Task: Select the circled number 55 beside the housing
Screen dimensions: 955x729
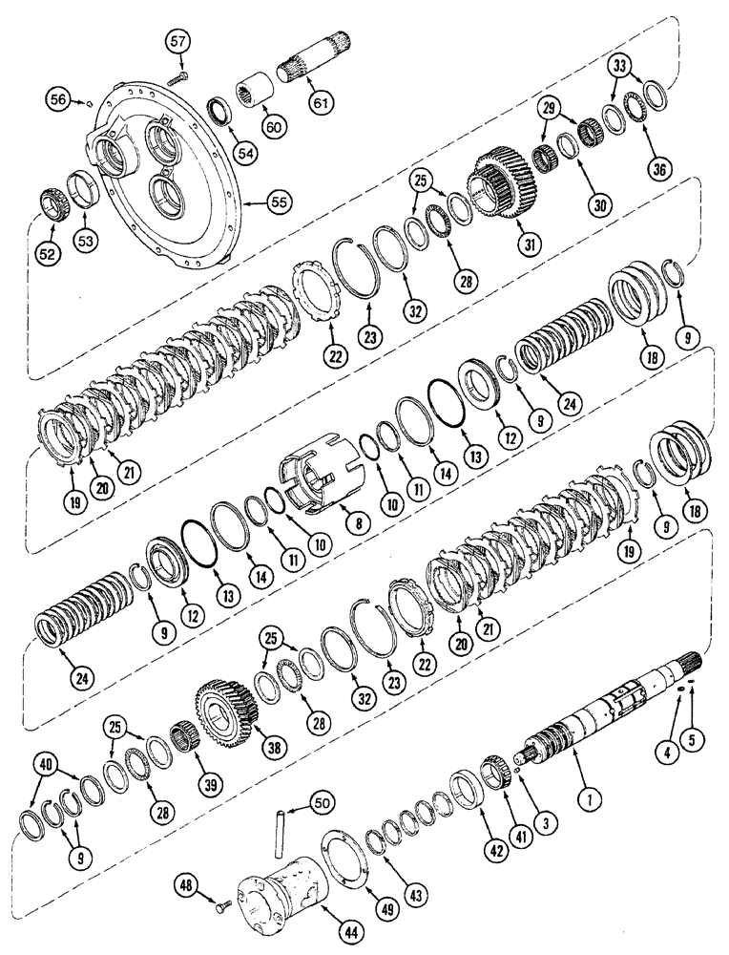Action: (x=280, y=202)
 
